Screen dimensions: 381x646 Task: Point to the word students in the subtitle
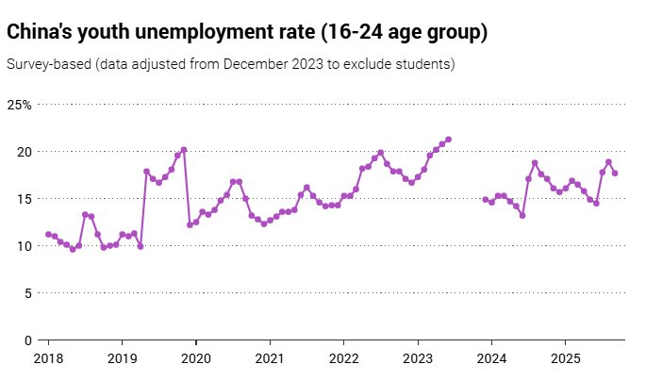[422, 65]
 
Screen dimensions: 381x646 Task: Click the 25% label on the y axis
[20, 105]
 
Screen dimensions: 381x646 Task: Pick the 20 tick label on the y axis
[25, 152]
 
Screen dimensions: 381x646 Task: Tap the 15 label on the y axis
[25, 199]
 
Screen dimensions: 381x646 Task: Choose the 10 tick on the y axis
[25, 246]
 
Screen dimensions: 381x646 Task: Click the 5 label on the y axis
[28, 293]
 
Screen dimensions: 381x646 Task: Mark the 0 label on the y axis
[28, 340]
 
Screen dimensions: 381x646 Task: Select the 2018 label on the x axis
[48, 359]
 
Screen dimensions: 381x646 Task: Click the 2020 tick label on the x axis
[195, 359]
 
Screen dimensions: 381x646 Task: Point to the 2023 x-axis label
[417, 359]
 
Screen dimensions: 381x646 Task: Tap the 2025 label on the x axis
[565, 359]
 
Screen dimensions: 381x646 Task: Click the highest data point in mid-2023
[448, 140]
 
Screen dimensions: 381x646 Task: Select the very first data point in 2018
[48, 234]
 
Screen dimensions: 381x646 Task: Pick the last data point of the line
[615, 174]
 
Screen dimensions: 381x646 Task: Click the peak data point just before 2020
[184, 150]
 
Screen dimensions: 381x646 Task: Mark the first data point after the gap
[485, 200]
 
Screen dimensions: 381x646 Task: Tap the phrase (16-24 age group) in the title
[404, 33]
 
